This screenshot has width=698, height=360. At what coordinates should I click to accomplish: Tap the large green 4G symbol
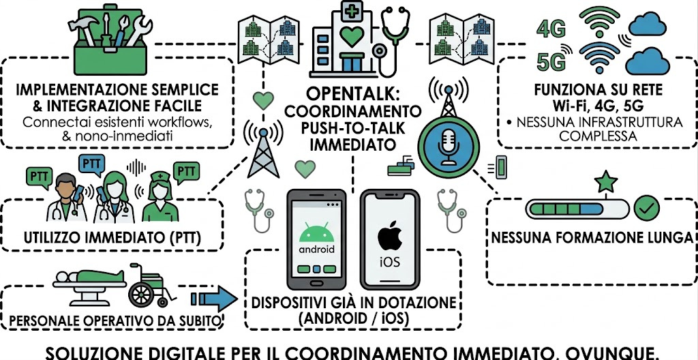tap(552, 29)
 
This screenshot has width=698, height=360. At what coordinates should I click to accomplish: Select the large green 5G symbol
tap(553, 61)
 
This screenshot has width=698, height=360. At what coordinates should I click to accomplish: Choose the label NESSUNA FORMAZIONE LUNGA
tap(592, 238)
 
